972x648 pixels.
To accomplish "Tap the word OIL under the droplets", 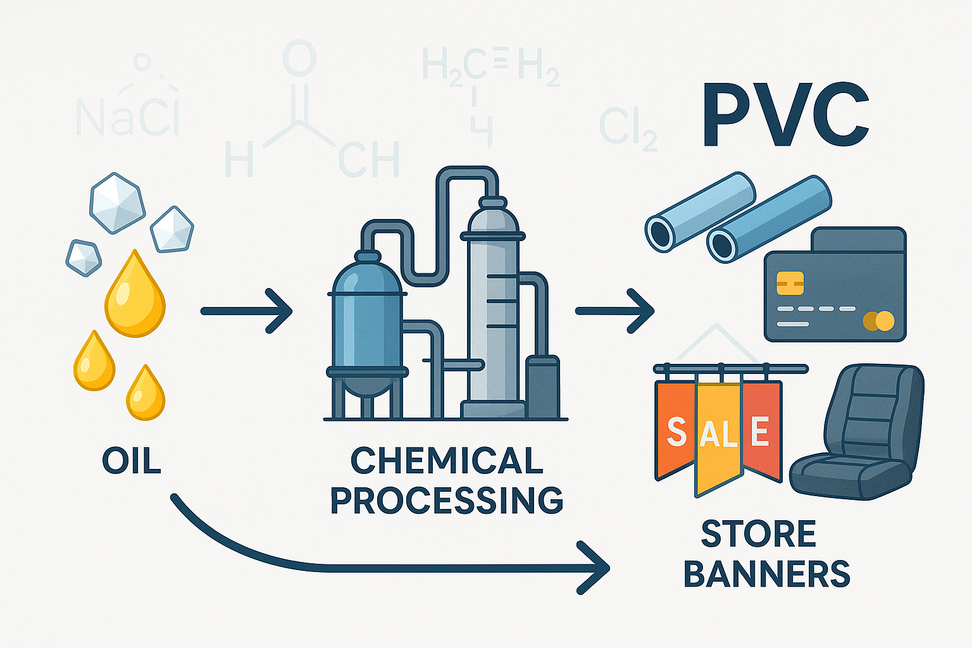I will [132, 461].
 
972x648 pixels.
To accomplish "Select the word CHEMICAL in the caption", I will [446, 461].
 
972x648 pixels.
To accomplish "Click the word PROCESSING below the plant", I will [446, 501].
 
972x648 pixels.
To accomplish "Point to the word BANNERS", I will [766, 574].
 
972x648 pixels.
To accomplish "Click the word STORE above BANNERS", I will [758, 535].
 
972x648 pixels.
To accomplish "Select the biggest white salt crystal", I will [117, 203].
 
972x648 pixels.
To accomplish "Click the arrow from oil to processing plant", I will [246, 311].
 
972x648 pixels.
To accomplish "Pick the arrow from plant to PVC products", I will [614, 311].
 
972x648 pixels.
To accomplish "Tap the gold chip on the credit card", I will [789, 283].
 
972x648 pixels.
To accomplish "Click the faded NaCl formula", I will [127, 116].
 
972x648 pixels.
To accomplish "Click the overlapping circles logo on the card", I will [878, 321].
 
